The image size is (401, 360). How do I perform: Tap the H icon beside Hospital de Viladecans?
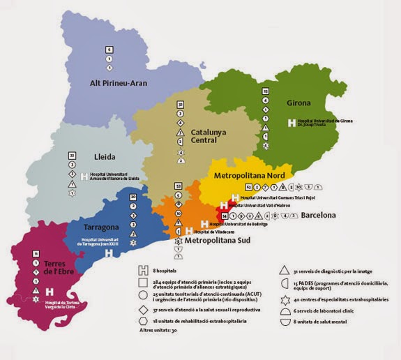coord(189,231)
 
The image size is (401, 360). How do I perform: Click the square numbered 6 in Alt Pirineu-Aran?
coord(109,50)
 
